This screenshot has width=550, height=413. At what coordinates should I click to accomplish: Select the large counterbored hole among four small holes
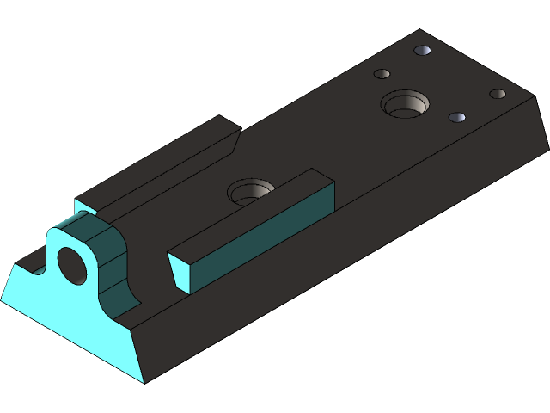(405, 105)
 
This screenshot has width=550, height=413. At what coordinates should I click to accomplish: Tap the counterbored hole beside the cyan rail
(250, 190)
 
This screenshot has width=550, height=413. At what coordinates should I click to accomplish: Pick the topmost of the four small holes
(422, 51)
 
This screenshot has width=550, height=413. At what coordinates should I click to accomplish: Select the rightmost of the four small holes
(498, 94)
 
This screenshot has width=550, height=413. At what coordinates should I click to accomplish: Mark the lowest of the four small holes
(457, 117)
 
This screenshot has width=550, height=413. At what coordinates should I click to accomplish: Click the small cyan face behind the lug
(83, 206)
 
